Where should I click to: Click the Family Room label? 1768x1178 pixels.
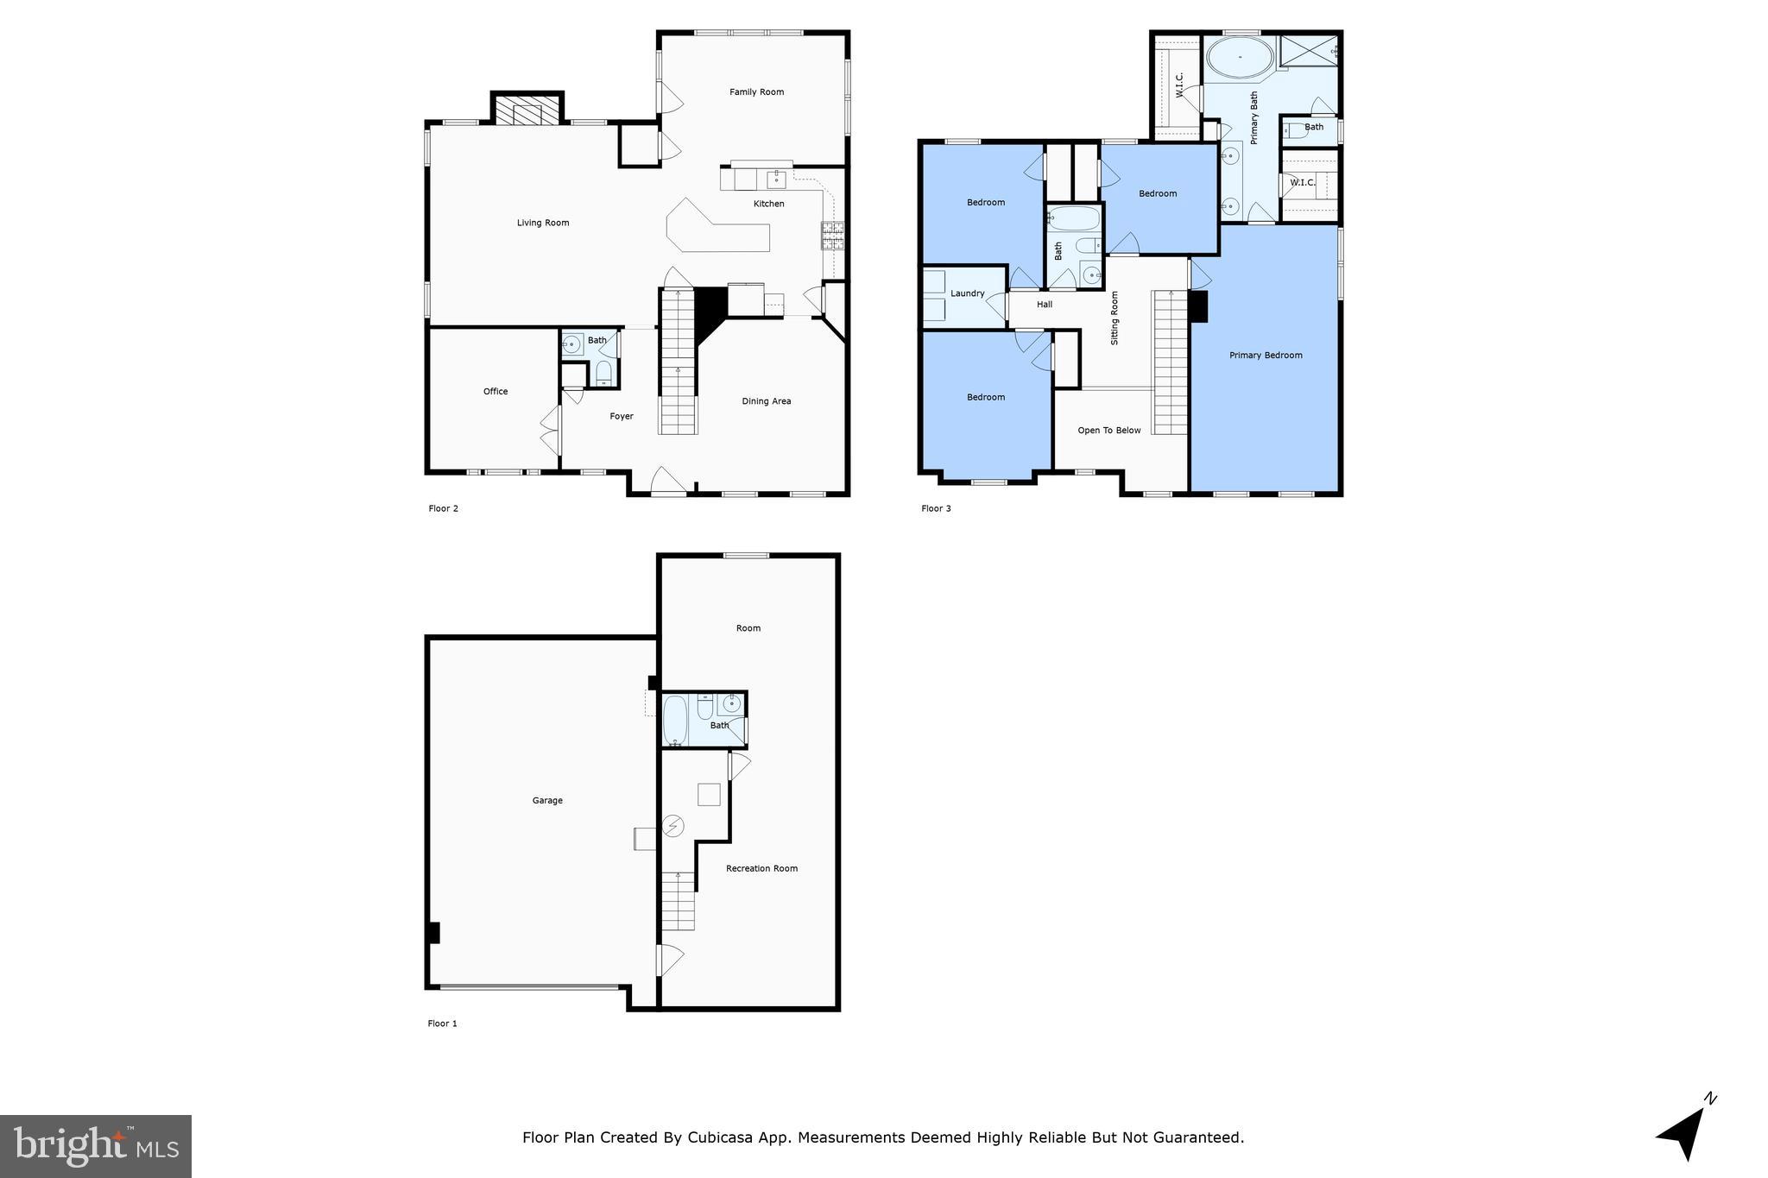click(756, 92)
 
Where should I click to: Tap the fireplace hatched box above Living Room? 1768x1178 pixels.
click(527, 113)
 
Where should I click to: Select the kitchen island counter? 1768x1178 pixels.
click(717, 228)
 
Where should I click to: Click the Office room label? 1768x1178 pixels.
click(496, 392)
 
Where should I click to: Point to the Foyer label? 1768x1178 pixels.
click(622, 417)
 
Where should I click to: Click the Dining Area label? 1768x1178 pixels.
click(767, 401)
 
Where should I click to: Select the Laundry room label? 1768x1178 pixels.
click(968, 293)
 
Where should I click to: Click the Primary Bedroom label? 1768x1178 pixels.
click(1266, 356)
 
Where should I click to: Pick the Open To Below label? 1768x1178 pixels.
click(1109, 431)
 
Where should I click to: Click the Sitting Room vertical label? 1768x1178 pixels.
click(1114, 318)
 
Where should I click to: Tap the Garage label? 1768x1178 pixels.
click(547, 801)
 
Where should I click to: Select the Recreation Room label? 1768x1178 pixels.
click(761, 869)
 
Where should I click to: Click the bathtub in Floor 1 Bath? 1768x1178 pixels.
click(675, 720)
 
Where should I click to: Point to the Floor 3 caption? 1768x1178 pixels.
click(936, 509)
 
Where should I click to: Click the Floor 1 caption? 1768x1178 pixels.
click(442, 1024)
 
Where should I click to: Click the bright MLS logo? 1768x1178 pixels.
click(96, 1146)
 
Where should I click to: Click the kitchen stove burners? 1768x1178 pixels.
click(833, 235)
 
